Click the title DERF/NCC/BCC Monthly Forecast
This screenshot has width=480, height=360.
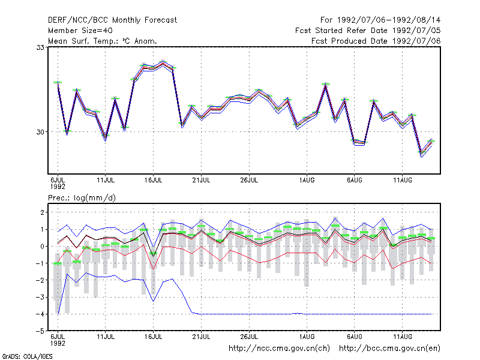[112, 20]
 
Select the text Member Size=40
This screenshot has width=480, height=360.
[80, 31]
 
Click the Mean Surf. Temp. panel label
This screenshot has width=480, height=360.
[103, 41]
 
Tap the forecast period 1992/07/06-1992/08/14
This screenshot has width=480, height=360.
[380, 20]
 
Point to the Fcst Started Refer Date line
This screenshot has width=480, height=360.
[368, 31]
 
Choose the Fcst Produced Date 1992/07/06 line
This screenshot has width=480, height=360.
[376, 41]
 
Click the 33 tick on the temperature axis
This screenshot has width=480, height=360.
[40, 47]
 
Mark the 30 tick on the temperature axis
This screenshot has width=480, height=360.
[40, 132]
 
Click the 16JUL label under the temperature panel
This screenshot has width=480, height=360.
[154, 181]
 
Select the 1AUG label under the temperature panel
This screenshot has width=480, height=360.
[307, 181]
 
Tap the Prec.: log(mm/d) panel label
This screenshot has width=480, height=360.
[82, 198]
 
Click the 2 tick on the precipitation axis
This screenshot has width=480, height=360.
[42, 212]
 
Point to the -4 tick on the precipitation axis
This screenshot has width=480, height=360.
[40, 314]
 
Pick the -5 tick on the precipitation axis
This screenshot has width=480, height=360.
[40, 331]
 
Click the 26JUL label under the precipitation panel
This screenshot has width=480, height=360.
[249, 337]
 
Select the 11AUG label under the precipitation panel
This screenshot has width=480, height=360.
[403, 337]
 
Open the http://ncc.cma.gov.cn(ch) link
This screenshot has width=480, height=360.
[279, 349]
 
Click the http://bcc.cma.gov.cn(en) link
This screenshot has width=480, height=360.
[389, 349]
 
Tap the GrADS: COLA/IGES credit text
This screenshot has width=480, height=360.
[27, 356]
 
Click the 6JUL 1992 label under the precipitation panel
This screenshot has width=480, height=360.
[58, 340]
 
